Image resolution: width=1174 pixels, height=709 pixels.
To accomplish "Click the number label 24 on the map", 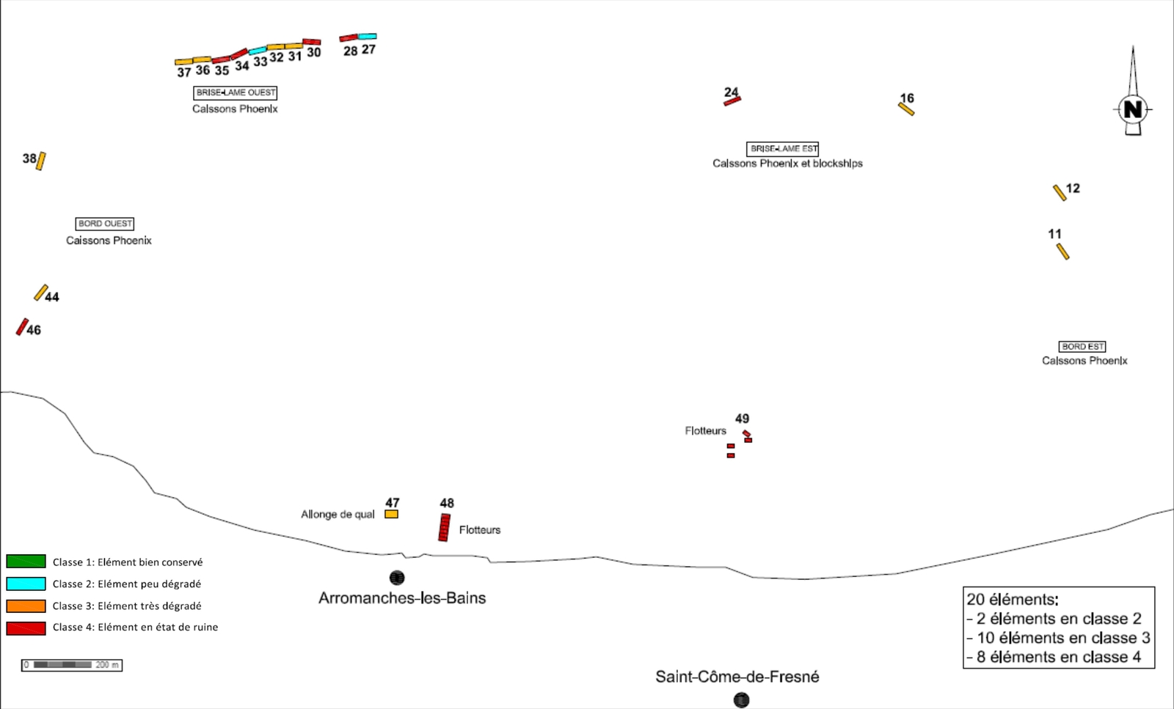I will [731, 92].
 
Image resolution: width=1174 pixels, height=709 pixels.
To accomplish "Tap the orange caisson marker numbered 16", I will [906, 109].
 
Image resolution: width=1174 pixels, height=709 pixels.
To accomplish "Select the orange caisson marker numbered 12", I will [1060, 193].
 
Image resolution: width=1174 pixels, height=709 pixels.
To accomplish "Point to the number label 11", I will [1054, 234].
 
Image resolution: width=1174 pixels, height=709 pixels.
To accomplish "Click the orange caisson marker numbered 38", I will [41, 161].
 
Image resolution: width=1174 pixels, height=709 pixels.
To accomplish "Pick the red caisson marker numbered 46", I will [22, 327].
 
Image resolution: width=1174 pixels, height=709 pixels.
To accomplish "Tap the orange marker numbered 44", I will [41, 293].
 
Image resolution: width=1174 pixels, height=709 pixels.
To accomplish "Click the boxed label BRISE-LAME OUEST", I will [236, 93].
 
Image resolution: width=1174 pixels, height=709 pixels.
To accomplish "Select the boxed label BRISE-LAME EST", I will [782, 149].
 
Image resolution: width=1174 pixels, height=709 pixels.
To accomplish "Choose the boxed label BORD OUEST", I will [105, 224].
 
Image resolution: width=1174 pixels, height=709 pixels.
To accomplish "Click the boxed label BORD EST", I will [1082, 347].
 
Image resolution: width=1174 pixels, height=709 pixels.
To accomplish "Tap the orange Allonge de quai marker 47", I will [391, 515].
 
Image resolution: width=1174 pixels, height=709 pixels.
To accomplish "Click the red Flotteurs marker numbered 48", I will [444, 528].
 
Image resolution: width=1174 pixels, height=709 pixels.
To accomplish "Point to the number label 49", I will [742, 419].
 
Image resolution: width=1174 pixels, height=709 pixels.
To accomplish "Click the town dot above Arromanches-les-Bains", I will [397, 578].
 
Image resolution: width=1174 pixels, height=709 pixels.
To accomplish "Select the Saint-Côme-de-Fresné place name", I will [737, 677].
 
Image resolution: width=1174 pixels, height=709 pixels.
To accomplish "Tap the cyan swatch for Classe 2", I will [26, 584].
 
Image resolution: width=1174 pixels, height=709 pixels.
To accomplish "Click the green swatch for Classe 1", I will [26, 562].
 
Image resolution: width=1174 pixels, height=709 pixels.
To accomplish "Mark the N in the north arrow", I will [1133, 110].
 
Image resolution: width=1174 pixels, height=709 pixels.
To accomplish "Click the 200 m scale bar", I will [71, 665].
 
